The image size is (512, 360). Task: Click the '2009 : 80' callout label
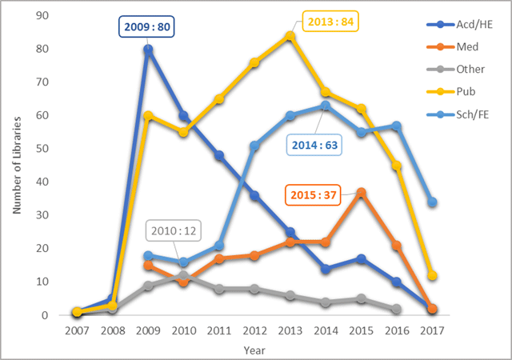(147, 27)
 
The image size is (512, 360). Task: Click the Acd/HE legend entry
(460, 26)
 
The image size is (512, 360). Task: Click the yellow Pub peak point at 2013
(290, 35)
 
